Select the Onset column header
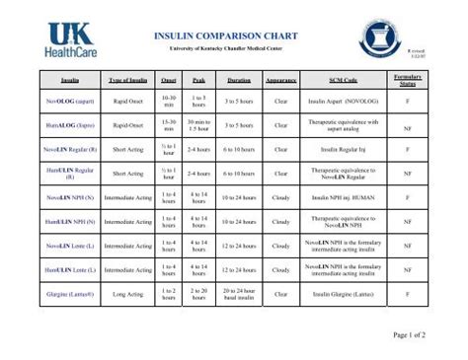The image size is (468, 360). [169, 78]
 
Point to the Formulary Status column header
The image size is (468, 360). [407, 78]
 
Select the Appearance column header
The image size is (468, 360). [281, 78]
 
